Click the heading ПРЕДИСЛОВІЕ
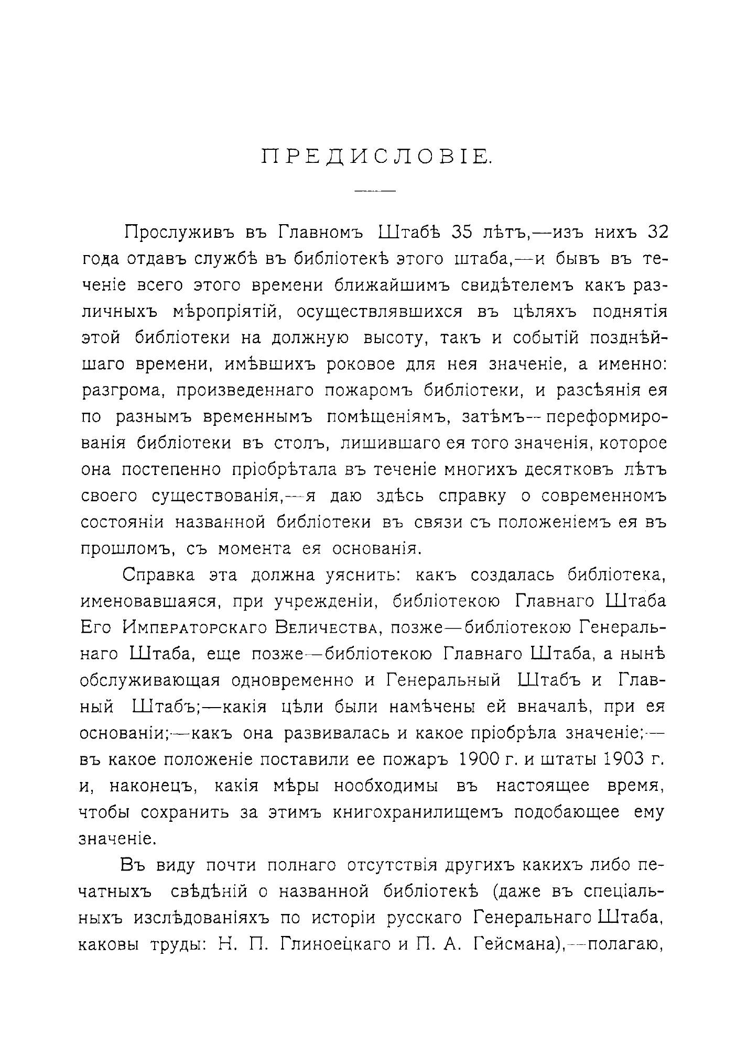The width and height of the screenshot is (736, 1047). (376, 157)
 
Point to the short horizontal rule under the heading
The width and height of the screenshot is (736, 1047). (375, 191)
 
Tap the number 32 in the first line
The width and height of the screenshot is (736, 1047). (657, 232)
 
